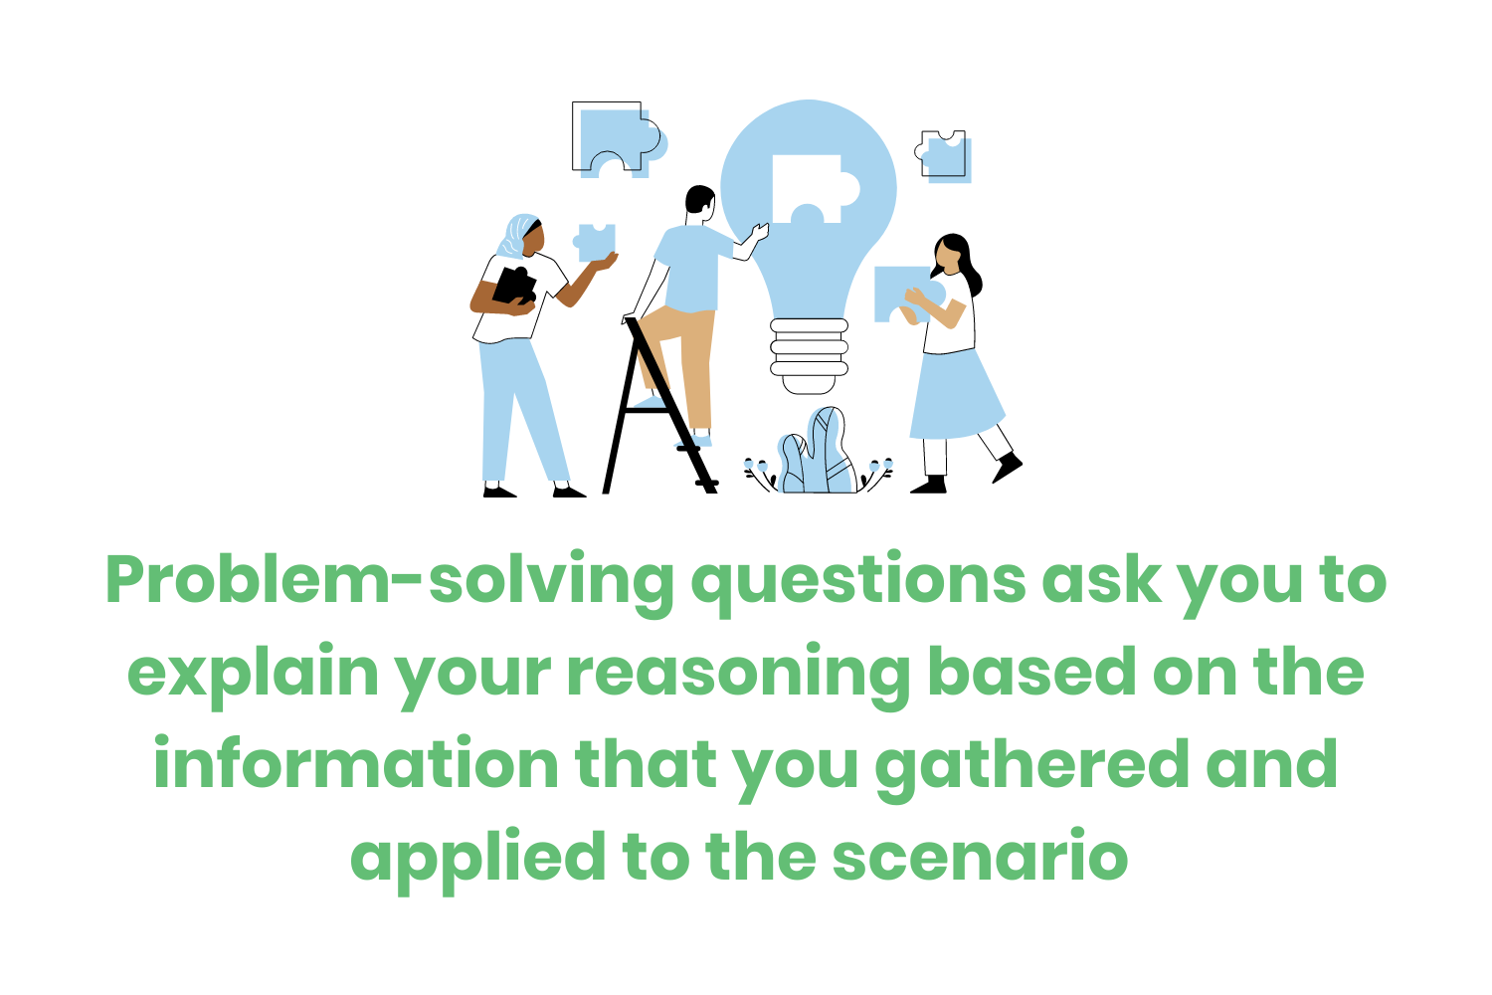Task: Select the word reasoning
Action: point(737,675)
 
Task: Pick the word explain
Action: point(254,675)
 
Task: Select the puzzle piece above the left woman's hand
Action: point(595,241)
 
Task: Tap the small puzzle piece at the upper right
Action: point(944,155)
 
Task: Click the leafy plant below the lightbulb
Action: point(818,456)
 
